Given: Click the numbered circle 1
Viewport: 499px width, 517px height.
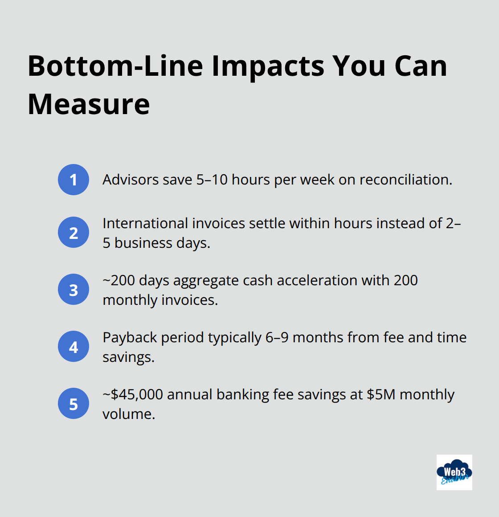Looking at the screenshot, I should [74, 180].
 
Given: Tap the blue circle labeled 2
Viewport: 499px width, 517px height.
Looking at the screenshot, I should [74, 232].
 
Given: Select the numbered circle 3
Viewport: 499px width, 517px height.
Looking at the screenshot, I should [74, 289].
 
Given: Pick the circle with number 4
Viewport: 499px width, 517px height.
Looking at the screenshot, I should [74, 346].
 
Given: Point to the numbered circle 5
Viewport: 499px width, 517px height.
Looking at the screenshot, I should [74, 403].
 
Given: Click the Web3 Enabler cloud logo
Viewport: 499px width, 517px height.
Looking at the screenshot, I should [454, 472].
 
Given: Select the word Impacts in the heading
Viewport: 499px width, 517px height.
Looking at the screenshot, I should [268, 66].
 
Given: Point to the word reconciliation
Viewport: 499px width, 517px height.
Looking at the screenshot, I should [405, 180].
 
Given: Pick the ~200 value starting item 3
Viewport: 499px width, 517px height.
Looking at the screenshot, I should [119, 280].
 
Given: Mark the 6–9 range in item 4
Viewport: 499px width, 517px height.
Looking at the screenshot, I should [277, 337].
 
